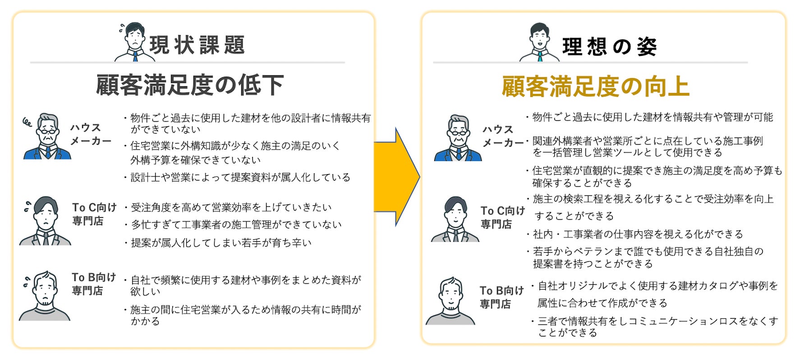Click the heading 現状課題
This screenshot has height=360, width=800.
coord(197,45)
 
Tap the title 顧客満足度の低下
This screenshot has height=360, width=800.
coord(190,85)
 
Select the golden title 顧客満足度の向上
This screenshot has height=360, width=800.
coord(595,87)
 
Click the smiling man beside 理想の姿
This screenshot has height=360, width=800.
coord(539,43)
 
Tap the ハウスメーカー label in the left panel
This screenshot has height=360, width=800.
coord(90,134)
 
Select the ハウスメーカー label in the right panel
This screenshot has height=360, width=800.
coord(502,136)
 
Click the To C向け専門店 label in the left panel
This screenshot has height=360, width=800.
coord(94,214)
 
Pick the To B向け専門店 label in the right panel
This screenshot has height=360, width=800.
coord(501,297)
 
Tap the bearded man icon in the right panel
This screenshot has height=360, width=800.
coord(451,301)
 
